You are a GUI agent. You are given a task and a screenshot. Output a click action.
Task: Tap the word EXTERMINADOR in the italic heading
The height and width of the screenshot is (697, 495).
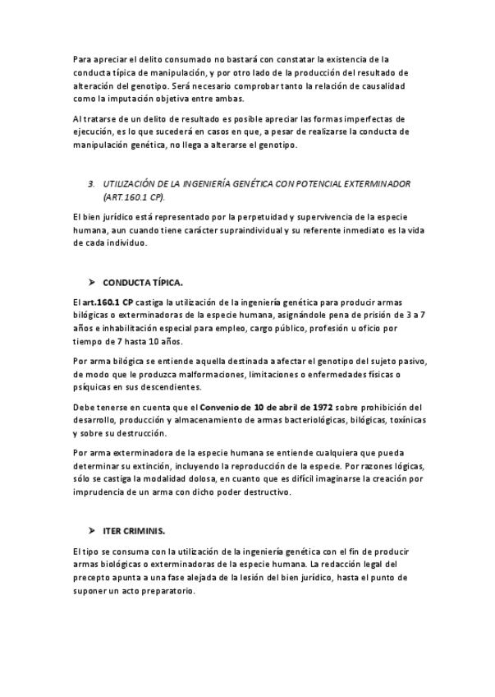(369, 184)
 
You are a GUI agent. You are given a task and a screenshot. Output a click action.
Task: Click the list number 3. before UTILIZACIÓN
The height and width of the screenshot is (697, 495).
(91, 184)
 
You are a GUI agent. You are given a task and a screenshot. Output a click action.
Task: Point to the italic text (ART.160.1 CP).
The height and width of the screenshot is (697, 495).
(134, 197)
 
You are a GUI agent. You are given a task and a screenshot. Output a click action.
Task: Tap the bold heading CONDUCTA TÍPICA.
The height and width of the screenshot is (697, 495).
(143, 283)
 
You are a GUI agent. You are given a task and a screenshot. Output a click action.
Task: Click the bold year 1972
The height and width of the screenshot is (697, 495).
(320, 407)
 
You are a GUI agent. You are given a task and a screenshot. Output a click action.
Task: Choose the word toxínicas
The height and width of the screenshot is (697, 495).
(405, 420)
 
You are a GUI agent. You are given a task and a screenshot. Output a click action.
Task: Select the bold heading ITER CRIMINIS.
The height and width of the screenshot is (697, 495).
(135, 531)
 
